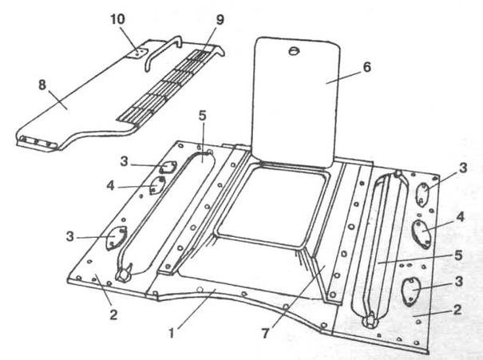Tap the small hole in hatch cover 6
(x=293, y=52)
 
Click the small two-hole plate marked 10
(x=137, y=53)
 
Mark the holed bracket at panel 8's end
(x=38, y=142)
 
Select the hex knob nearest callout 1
(x=126, y=275)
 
